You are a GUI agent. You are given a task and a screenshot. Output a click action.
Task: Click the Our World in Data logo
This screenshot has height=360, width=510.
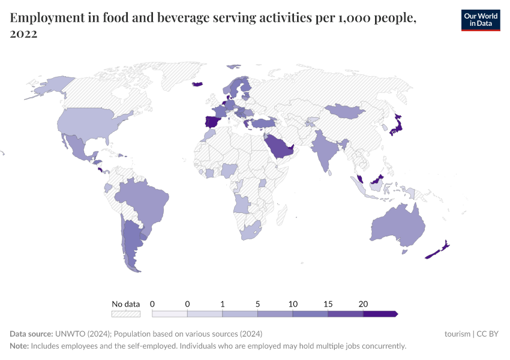pos(480,20)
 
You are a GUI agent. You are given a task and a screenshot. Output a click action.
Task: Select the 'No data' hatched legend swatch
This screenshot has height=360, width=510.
pos(126,313)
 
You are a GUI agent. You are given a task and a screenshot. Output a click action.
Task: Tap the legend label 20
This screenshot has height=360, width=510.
pos(362,304)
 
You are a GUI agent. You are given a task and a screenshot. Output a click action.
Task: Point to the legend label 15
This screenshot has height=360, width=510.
pos(328,304)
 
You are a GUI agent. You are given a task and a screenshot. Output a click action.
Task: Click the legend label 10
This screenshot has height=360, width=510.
pos(293,304)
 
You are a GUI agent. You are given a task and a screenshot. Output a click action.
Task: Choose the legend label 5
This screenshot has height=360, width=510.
pos(257,304)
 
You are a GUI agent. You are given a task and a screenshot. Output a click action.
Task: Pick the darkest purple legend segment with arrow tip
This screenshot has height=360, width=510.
pos(380,313)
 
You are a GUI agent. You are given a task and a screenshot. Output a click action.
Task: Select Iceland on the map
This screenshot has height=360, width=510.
pos(197,84)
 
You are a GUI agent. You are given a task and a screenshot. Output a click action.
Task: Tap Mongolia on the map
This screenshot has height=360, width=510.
pos(345,110)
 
